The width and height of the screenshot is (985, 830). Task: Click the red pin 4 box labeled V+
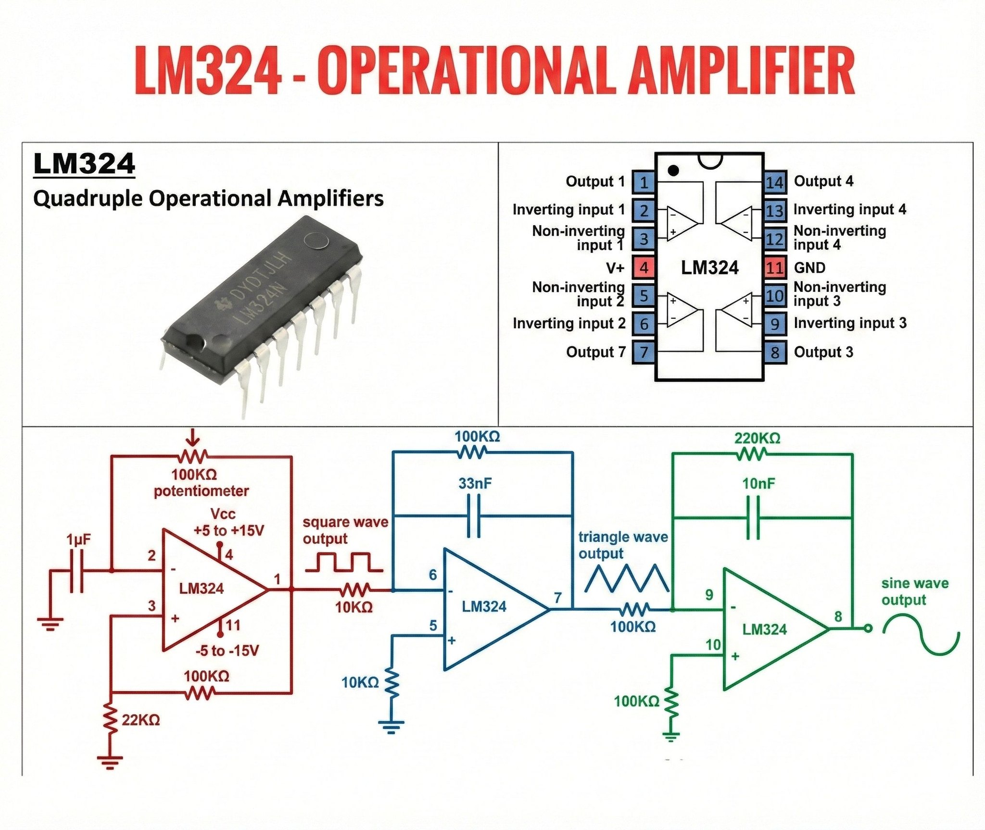pyautogui.click(x=644, y=267)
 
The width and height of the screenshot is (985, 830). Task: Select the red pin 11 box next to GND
pyautogui.click(x=775, y=267)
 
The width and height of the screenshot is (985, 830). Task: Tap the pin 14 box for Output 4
pyautogui.click(x=775, y=182)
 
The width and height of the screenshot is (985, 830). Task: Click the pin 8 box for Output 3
pyautogui.click(x=775, y=352)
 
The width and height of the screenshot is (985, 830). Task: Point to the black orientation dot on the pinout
pyautogui.click(x=673, y=170)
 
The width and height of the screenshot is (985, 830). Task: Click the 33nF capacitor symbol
pyautogui.click(x=475, y=516)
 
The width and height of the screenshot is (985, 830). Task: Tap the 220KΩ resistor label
pyautogui.click(x=757, y=438)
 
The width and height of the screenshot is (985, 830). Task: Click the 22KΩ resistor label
pyautogui.click(x=141, y=720)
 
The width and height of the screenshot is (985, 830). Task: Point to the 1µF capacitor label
pyautogui.click(x=78, y=540)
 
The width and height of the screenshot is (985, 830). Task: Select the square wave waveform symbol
pyautogui.click(x=344, y=562)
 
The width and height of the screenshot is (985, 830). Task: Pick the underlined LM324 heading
pyautogui.click(x=84, y=164)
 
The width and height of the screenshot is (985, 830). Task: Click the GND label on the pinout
pyautogui.click(x=809, y=267)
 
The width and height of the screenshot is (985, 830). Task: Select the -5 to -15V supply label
pyautogui.click(x=227, y=651)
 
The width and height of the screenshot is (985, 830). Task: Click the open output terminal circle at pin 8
pyautogui.click(x=868, y=628)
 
